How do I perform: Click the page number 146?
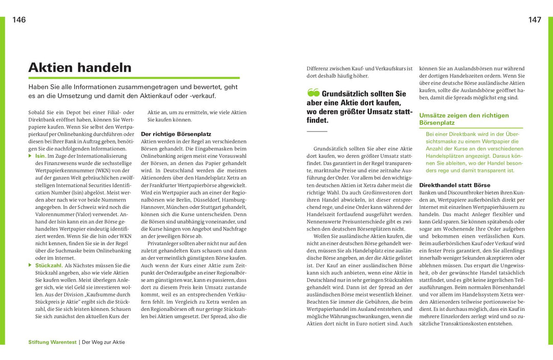point(19,20)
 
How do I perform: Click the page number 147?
point(535,20)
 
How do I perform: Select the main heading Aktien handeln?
point(80,68)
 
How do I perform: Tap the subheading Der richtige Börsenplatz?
point(168,133)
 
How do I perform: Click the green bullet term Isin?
point(40,156)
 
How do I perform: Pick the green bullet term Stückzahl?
point(49,266)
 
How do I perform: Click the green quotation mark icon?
point(313,93)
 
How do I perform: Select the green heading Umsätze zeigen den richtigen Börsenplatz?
point(464,119)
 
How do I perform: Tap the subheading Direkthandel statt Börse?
point(455,185)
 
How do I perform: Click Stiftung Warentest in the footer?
point(52,342)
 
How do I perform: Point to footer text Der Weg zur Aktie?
point(103,342)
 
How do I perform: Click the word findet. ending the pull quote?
point(317,120)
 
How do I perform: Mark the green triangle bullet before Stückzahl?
point(30,266)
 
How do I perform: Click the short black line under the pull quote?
point(316,132)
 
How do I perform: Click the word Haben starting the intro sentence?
point(39,87)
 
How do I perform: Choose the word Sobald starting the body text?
point(38,112)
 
